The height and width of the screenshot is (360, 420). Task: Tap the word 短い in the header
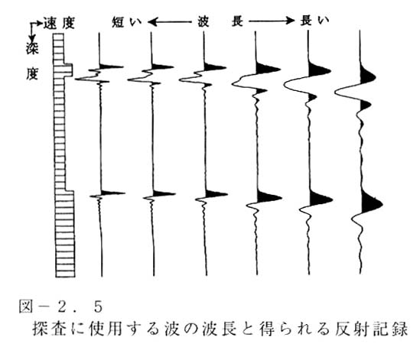[x=126, y=22]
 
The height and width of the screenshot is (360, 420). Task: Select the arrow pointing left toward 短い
[x=170, y=21]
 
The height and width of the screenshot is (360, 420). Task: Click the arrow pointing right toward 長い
[x=271, y=21]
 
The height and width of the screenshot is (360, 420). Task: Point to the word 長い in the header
[x=314, y=21]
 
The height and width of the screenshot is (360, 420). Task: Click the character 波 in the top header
[x=203, y=21]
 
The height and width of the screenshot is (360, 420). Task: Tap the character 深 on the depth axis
[x=32, y=48]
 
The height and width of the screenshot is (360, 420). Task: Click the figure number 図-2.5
[x=60, y=307]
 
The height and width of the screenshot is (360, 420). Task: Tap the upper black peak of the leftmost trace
[x=110, y=66]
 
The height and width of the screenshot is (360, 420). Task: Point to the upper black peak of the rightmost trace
[x=367, y=76]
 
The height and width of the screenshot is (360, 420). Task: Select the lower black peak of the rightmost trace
[x=371, y=203]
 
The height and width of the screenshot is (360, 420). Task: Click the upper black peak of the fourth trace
[x=267, y=68]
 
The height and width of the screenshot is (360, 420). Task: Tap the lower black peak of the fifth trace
[x=320, y=198]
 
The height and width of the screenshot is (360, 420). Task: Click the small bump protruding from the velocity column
[x=68, y=70]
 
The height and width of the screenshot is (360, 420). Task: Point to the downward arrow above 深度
[x=32, y=31]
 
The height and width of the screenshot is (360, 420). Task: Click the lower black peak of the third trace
[x=216, y=194]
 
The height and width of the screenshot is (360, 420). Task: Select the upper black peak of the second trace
[x=163, y=66]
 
